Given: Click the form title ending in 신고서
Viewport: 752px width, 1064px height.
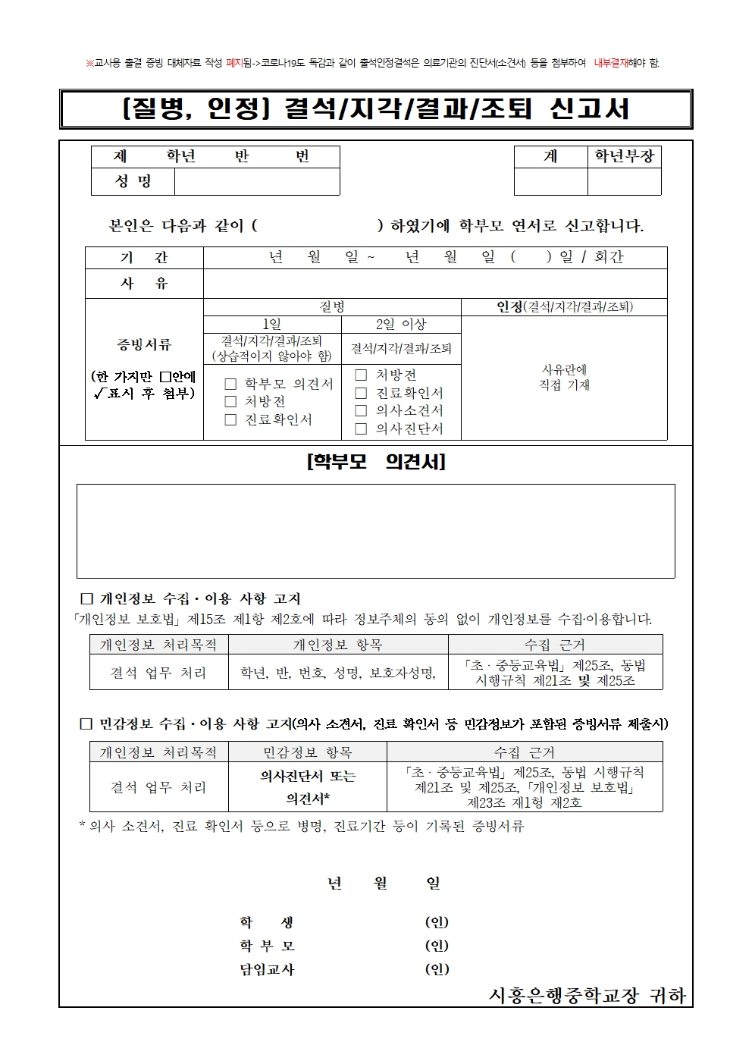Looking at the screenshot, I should coord(375,109).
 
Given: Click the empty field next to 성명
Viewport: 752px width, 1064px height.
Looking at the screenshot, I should coord(256,182).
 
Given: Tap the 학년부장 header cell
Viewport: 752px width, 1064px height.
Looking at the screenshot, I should coord(624,156).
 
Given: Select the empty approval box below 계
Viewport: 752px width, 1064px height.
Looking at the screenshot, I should coord(550,182).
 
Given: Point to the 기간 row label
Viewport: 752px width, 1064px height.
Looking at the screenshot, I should coord(144,258).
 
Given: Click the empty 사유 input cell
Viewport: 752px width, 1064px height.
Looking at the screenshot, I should coord(434,284).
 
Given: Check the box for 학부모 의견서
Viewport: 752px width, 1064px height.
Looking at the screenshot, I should coord(230,384).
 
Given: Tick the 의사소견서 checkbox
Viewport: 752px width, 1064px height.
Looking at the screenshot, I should coord(361,411).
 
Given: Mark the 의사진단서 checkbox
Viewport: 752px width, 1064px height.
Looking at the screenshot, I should coord(361,429).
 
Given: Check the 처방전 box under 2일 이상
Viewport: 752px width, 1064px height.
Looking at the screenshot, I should coord(361,375).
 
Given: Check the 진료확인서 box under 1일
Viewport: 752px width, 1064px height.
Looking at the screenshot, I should coord(230,420).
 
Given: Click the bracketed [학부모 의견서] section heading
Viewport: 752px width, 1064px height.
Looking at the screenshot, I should coord(375,462).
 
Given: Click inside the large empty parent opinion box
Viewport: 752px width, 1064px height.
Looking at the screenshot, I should coord(375,531).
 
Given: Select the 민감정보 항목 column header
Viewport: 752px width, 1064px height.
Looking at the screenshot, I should coord(307,752).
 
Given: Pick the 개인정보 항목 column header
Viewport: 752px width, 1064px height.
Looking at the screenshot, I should coord(337,645).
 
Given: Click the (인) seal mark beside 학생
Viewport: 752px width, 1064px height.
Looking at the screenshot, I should coord(437,922).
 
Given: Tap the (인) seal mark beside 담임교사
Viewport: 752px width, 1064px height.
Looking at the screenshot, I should coord(437,969).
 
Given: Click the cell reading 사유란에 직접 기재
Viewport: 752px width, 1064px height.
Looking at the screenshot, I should coord(564,378).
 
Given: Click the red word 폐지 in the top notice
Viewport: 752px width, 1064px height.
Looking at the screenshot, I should coord(233,63).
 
